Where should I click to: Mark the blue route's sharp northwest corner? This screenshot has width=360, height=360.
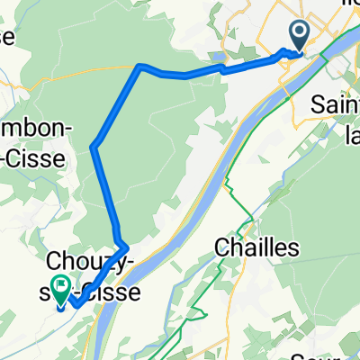pos(139,66)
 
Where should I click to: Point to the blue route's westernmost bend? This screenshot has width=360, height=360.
pos(93,146)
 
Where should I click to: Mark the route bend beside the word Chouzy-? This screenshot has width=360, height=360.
pos(127,245)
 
